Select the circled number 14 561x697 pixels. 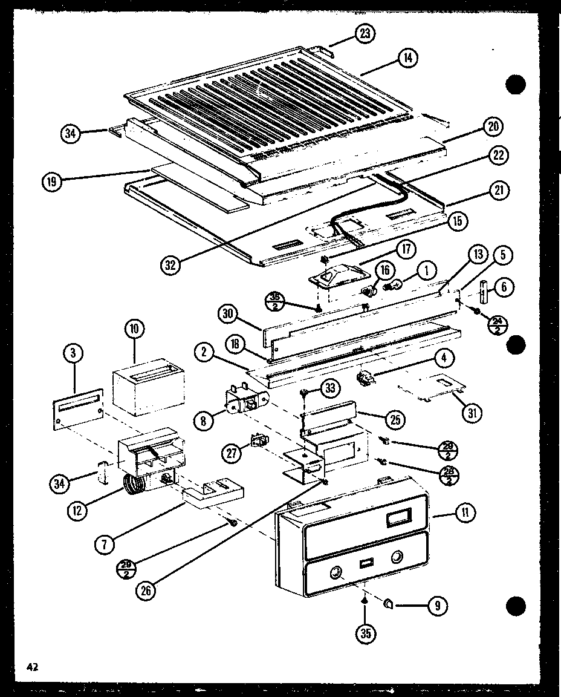409,59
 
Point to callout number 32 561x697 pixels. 172,264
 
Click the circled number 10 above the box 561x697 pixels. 134,330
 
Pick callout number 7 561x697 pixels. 105,544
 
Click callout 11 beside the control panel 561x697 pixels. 465,513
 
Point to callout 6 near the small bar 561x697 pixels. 503,288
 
